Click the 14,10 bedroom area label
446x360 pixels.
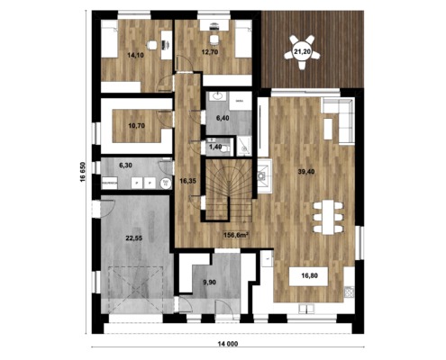135,55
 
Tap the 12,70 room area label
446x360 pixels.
210,52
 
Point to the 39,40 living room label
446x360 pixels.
306,172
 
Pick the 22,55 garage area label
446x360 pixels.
133,238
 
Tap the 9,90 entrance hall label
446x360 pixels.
209,282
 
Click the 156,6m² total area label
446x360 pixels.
237,235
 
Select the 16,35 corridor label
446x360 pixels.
187,181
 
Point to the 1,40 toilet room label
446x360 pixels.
215,147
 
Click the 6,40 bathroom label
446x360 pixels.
223,118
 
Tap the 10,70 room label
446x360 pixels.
136,126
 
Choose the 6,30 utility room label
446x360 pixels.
125,166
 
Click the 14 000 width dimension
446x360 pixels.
227,344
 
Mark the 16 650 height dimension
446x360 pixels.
82,172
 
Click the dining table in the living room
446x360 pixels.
328,217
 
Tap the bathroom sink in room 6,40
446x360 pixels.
217,96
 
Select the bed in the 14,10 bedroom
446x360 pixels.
108,39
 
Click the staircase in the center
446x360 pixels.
228,190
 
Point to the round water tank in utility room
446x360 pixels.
165,183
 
